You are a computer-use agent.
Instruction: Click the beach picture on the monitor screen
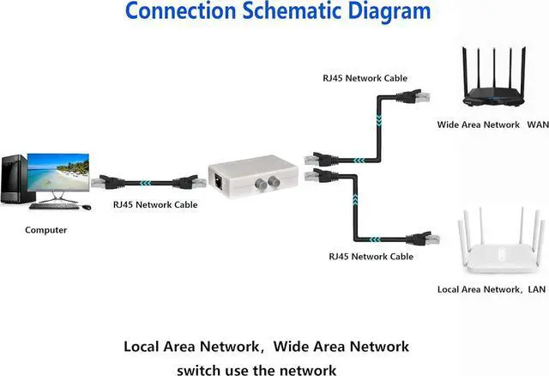click(x=57, y=173)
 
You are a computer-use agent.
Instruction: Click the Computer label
click(x=45, y=230)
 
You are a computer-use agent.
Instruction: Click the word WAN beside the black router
click(x=537, y=125)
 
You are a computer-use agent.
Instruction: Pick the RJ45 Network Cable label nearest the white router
click(x=371, y=257)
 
